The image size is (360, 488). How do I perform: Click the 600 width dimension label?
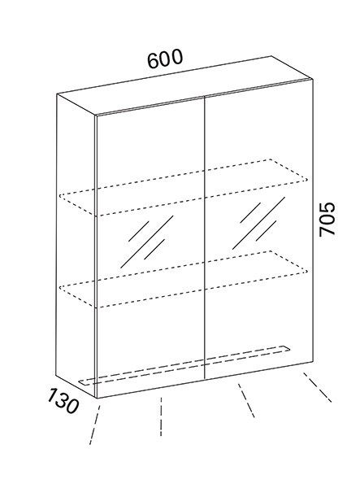(x=165, y=59)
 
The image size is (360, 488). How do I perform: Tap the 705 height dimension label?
(x=327, y=220)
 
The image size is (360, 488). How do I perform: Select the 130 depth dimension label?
(x=63, y=401)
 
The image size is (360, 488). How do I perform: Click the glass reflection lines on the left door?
(x=147, y=242)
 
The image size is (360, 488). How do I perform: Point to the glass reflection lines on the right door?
(x=258, y=223)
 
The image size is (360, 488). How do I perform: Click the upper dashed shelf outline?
(x=184, y=187)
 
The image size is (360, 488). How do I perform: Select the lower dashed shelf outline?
(x=184, y=279)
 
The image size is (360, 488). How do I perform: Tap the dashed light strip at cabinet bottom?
(x=184, y=365)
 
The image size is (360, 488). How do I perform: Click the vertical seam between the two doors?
(x=205, y=237)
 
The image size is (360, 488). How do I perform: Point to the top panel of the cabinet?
(x=185, y=85)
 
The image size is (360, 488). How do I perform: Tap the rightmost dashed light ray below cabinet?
(x=317, y=387)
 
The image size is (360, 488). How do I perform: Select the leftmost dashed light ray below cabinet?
(x=94, y=425)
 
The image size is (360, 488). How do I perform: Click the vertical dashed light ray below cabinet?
(x=161, y=416)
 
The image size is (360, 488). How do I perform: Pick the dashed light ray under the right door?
(x=246, y=400)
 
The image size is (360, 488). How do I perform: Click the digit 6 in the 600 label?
(x=154, y=61)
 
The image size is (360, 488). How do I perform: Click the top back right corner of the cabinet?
(x=271, y=56)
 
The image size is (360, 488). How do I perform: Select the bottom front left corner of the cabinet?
(x=97, y=398)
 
